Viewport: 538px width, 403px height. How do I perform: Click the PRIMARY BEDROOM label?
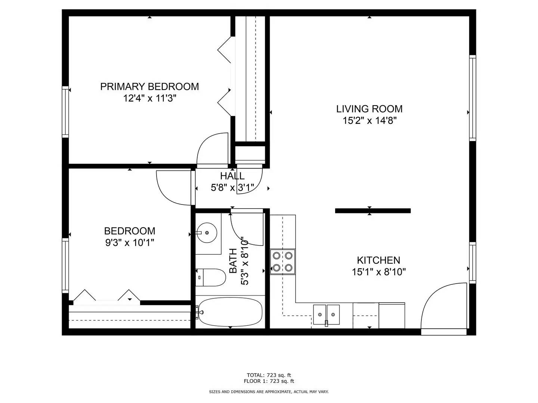click(x=149, y=87)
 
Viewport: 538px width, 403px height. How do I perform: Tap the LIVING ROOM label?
click(x=369, y=109)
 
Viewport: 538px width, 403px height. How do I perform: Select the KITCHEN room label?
click(x=378, y=260)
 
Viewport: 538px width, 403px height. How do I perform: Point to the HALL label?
click(x=232, y=176)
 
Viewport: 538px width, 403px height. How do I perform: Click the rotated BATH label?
click(x=233, y=260)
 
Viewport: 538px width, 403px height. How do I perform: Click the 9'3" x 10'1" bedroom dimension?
click(x=130, y=243)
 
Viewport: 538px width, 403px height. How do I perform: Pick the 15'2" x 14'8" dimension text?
click(x=370, y=121)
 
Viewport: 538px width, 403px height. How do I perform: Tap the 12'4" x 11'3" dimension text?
click(x=149, y=99)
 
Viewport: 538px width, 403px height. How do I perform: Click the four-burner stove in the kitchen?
click(x=282, y=262)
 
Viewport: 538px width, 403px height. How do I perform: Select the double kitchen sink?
click(x=327, y=315)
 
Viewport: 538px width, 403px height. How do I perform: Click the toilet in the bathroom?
click(x=210, y=277)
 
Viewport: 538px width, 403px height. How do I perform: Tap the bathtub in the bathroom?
click(x=230, y=312)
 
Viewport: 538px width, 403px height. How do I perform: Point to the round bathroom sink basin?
click(x=207, y=232)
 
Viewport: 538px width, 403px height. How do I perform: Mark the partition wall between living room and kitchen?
click(x=373, y=211)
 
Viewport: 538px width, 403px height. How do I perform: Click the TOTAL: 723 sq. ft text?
click(x=269, y=375)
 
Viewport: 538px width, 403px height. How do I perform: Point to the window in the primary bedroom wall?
click(x=65, y=112)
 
